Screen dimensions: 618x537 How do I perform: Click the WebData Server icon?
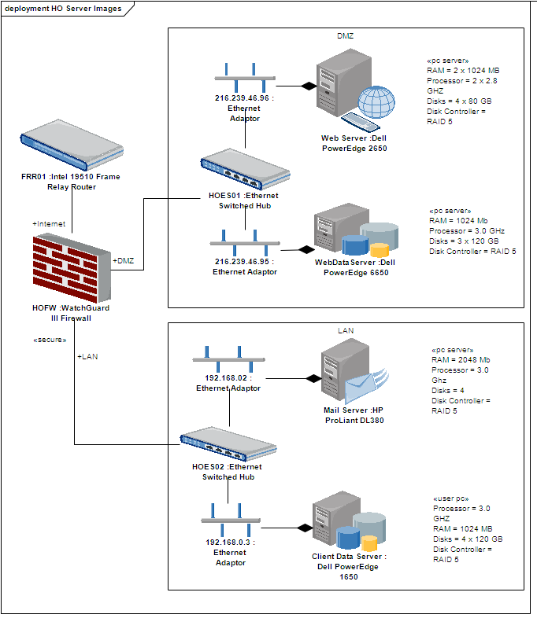tap(354, 233)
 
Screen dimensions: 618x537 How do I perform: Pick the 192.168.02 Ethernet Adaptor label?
tap(228, 383)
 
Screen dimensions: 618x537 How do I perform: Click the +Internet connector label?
tap(49, 224)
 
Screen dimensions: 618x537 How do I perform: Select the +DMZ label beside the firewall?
tap(124, 260)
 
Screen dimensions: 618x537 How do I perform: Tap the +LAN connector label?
tap(87, 356)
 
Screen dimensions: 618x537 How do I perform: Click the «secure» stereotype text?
tap(50, 340)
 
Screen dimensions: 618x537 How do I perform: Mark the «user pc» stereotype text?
tap(451, 498)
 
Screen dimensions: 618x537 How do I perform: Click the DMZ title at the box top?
tap(346, 36)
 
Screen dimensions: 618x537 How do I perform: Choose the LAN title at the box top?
tap(346, 330)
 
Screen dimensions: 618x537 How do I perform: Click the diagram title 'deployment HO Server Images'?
tap(63, 8)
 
